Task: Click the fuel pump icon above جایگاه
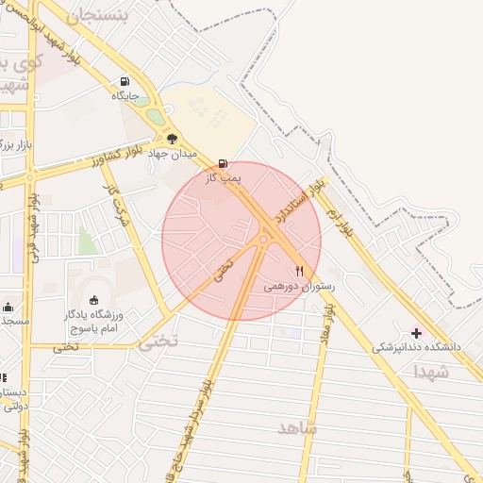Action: point(125,81)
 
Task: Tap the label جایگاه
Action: point(125,95)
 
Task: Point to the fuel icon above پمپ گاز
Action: point(223,162)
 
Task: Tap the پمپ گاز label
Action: point(224,176)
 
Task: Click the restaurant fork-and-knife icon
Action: point(300,271)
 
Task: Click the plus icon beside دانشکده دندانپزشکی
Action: point(416,332)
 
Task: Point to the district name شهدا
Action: point(431,373)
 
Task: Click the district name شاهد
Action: point(298,428)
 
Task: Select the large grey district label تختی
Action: point(158,342)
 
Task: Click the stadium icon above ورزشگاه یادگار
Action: point(92,300)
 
